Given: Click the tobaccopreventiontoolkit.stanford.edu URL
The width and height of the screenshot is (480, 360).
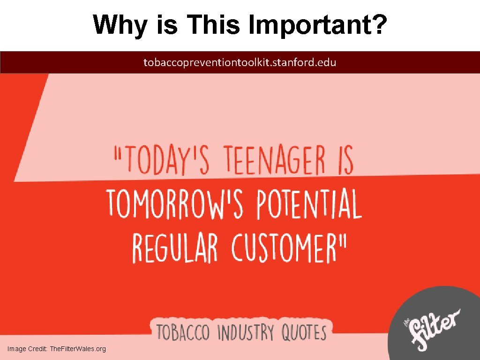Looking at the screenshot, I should pos(240,62).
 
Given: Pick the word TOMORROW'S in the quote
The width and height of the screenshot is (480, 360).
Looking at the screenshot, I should pos(175,204).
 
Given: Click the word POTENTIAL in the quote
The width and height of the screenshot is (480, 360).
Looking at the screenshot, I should pos(309,204).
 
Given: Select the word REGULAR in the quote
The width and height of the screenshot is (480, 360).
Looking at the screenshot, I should pos(175,247).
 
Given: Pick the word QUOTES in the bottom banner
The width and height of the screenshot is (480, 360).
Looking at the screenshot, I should pos(303,333).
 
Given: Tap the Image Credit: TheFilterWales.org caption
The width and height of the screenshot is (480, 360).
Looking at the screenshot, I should pos(57,349).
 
